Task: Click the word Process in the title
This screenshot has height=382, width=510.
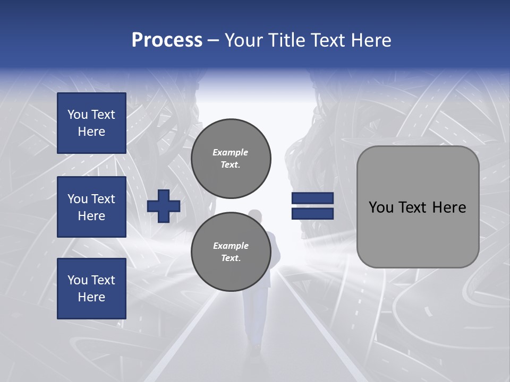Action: pos(167,40)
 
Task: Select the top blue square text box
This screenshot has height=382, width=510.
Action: pos(91,123)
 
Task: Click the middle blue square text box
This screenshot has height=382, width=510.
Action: pos(91,207)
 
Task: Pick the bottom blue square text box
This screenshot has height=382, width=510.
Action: pos(91,288)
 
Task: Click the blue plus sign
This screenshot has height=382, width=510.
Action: pos(164,206)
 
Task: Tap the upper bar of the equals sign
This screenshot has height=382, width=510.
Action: pos(312,198)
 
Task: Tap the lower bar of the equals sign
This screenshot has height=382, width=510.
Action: pos(312,213)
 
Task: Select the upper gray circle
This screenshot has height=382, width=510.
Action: pos(231,158)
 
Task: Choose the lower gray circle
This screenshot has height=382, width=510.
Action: pos(231,251)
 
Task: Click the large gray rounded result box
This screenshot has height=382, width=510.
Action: pos(418,207)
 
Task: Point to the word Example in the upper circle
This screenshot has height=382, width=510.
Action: pos(230,152)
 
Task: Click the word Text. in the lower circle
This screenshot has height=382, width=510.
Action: pos(231,258)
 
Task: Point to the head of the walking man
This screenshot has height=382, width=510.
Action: pos(256,215)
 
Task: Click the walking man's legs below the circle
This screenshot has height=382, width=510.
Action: pos(256,318)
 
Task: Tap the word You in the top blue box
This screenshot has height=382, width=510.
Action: pos(78,115)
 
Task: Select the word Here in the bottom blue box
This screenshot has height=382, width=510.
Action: pos(91,297)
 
